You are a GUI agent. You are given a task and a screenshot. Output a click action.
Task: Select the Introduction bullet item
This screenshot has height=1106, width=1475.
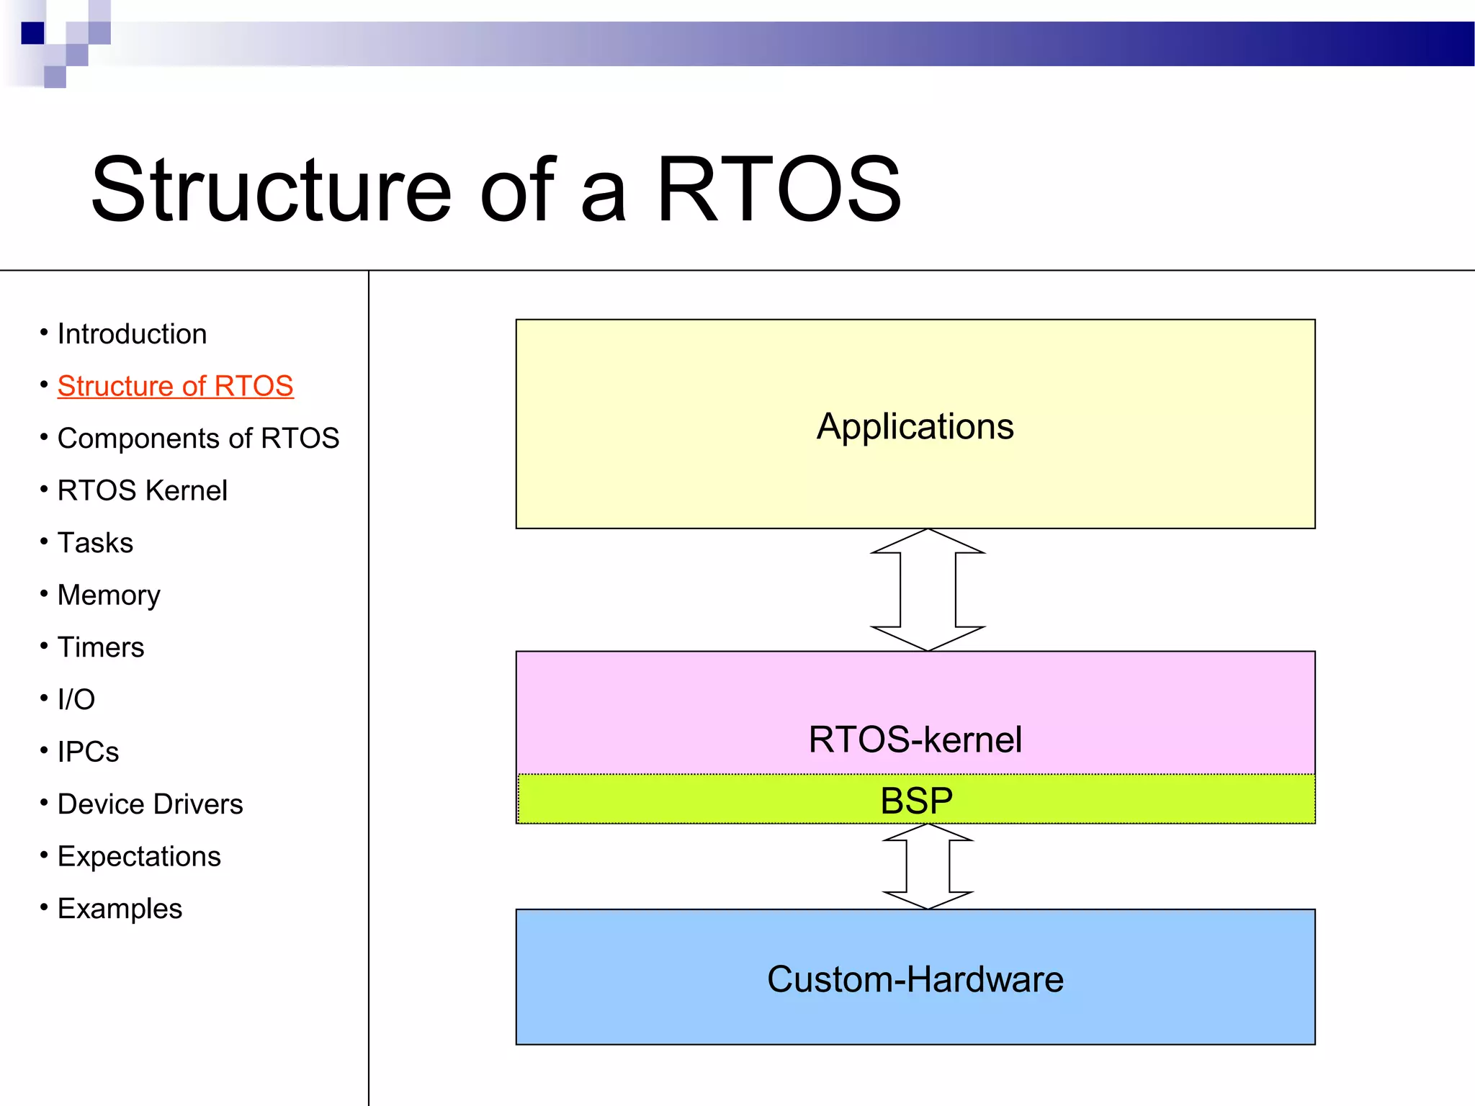132,334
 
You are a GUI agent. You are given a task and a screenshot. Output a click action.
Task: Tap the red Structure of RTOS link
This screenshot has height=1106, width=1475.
175,386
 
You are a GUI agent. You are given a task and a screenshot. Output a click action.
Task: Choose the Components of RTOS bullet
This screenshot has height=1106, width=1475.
198,439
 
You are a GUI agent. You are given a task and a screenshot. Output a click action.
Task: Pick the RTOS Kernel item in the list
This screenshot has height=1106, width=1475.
142,491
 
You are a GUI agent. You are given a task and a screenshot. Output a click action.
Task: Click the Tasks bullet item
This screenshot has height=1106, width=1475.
95,543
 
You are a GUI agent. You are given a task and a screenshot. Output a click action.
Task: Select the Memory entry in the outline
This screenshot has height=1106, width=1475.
109,595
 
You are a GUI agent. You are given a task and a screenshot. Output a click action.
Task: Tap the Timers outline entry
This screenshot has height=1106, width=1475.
101,647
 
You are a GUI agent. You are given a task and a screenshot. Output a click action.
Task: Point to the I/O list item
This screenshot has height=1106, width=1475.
76,700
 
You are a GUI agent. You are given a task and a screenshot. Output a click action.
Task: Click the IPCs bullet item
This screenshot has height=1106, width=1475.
88,752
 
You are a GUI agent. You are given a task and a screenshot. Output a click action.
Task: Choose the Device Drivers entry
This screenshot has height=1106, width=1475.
150,804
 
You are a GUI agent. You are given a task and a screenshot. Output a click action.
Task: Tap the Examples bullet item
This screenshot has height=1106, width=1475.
120,909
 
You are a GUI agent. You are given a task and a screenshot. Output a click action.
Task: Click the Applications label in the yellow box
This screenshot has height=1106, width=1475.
915,426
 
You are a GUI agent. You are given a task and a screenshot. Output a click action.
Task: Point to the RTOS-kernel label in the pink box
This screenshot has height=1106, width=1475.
915,739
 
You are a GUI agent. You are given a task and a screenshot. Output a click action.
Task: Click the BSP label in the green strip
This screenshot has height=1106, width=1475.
916,801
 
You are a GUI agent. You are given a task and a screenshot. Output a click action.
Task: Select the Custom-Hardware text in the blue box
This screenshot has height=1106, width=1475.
915,979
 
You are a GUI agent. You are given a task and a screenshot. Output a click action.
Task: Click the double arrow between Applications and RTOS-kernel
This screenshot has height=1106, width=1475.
928,590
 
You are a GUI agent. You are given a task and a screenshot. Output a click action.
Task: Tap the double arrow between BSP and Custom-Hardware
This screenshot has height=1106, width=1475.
928,867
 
